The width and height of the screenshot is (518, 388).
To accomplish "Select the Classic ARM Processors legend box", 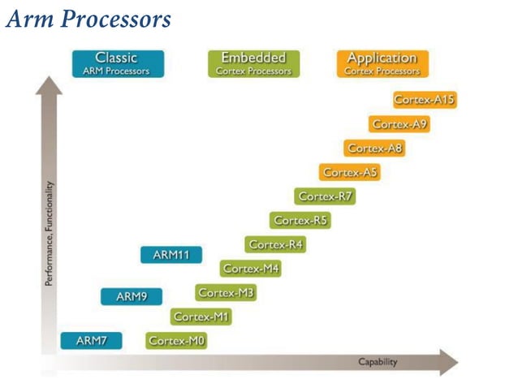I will pyautogui.click(x=117, y=63).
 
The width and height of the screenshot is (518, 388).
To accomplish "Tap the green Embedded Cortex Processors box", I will pyautogui.click(x=253, y=63).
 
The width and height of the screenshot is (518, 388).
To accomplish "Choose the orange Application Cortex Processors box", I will pyautogui.click(x=382, y=63).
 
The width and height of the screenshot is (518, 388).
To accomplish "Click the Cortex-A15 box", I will pyautogui.click(x=424, y=100).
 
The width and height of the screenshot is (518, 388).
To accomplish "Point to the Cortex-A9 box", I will pyautogui.click(x=399, y=124).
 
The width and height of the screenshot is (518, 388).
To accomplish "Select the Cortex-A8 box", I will pyautogui.click(x=374, y=149).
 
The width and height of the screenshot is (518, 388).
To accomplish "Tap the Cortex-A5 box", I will pyautogui.click(x=350, y=172).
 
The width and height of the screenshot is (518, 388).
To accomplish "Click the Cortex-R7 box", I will pyautogui.click(x=325, y=196).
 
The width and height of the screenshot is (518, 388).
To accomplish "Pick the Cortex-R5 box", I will pyautogui.click(x=300, y=220).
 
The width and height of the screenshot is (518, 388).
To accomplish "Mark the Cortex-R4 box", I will pyautogui.click(x=275, y=244).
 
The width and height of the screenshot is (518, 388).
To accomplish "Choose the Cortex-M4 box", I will pyautogui.click(x=251, y=268).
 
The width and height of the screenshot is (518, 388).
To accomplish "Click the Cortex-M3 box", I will pyautogui.click(x=226, y=292).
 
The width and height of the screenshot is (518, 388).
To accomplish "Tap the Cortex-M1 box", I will pyautogui.click(x=201, y=317).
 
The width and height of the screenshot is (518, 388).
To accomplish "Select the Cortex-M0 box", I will pyautogui.click(x=176, y=341).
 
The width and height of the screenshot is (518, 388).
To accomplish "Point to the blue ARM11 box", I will pyautogui.click(x=171, y=255).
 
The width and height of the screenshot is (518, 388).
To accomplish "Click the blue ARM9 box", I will pyautogui.click(x=131, y=297).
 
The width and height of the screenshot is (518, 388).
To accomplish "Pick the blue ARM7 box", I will pyautogui.click(x=91, y=341).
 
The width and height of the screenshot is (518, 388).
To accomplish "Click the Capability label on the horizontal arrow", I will pyautogui.click(x=378, y=362).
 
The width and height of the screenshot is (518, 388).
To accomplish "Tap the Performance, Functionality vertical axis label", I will pyautogui.click(x=50, y=234).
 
